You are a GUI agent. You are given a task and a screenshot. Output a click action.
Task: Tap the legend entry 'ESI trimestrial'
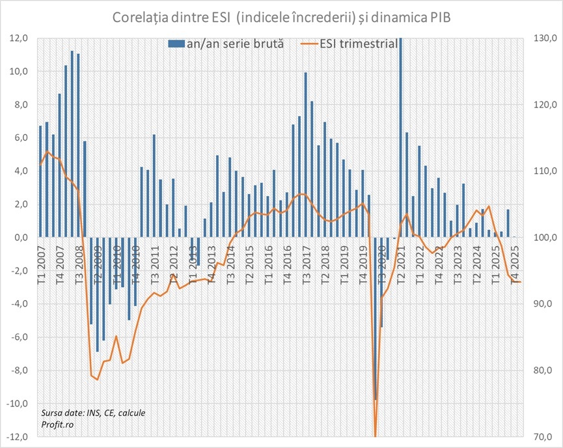tap(350, 45)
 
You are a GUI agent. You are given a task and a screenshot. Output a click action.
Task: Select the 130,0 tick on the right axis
tap(544, 38)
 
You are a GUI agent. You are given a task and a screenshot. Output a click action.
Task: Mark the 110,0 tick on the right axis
tap(544, 171)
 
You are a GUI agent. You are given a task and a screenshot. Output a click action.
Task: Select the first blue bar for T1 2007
tap(40, 182)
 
